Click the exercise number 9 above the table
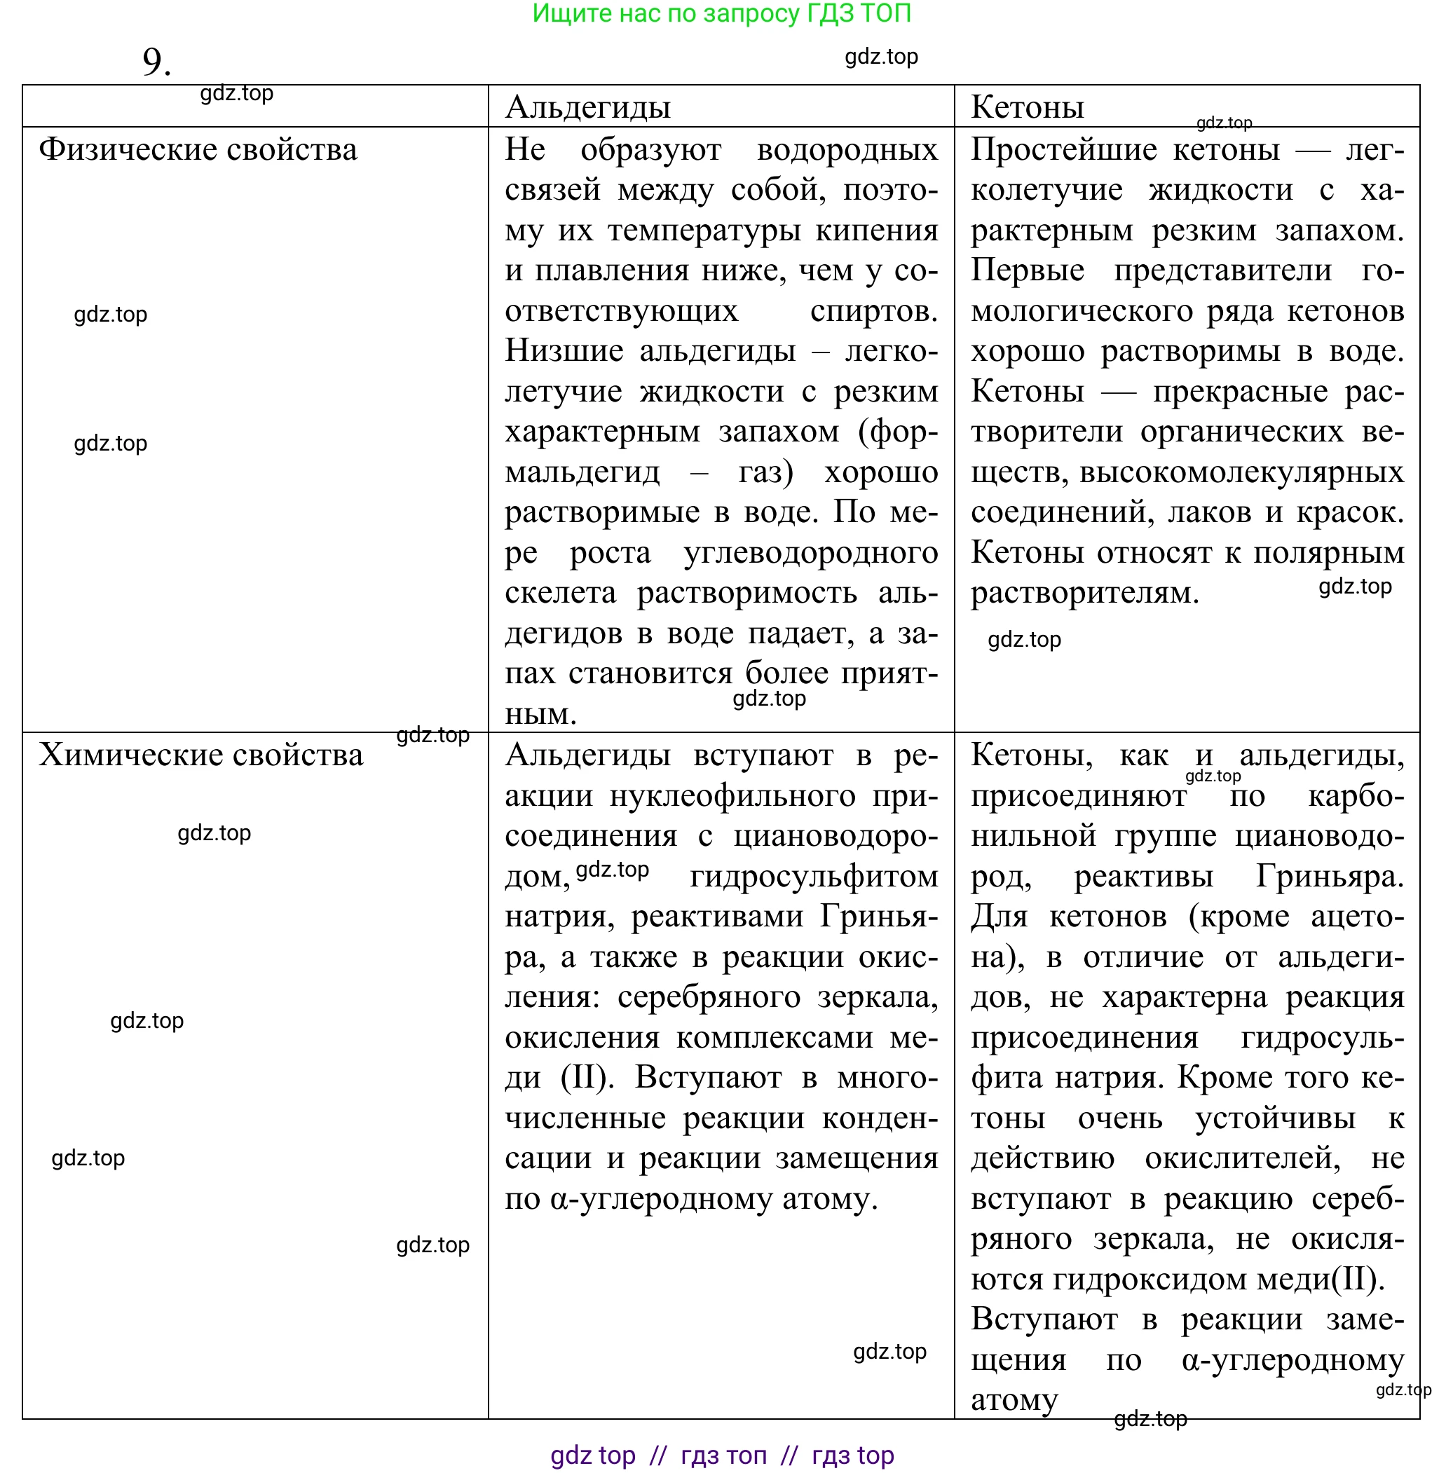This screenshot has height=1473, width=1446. click(156, 62)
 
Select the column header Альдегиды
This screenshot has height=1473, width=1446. click(588, 107)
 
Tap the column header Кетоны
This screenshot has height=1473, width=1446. click(1027, 107)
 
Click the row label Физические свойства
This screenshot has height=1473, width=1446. click(198, 149)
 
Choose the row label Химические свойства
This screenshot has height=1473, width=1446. click(200, 755)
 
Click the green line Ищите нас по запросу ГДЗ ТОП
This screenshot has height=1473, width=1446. click(721, 14)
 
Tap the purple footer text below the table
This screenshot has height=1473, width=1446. click(721, 1455)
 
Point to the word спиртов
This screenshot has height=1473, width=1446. click(873, 310)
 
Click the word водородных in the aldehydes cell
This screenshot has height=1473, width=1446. click(847, 149)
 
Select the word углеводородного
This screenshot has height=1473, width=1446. click(810, 553)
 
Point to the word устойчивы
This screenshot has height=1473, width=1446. click(1275, 1118)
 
